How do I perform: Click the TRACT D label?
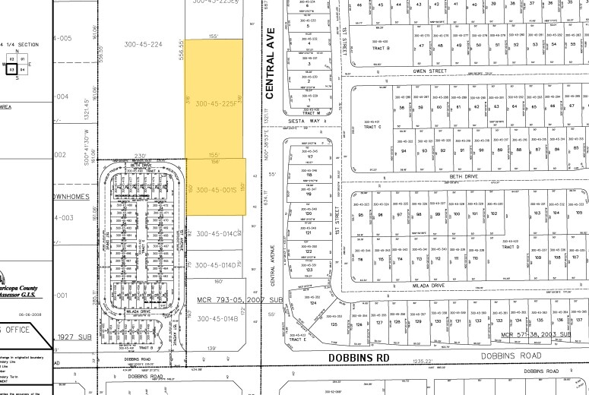[511, 247]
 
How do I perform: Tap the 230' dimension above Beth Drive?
[139, 156]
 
